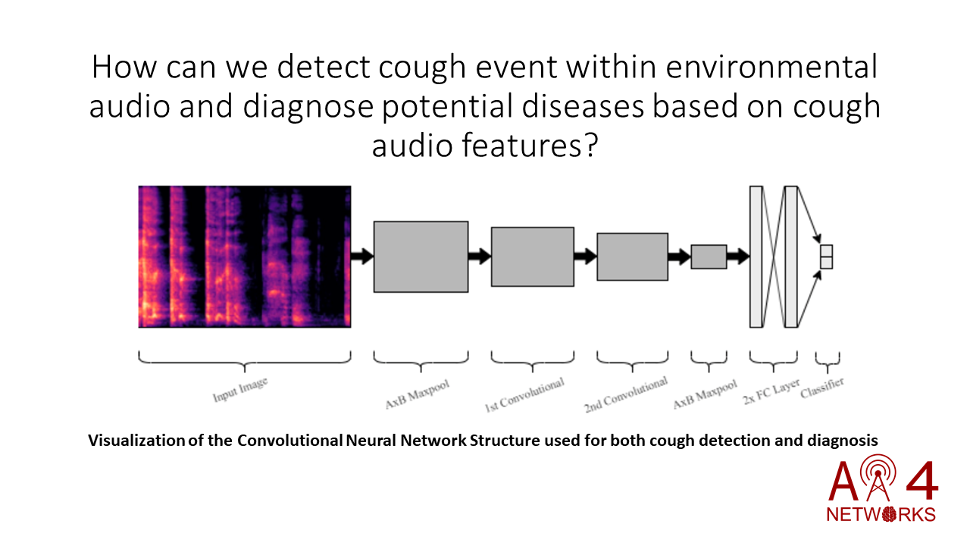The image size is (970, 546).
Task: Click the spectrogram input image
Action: pyautogui.click(x=244, y=256)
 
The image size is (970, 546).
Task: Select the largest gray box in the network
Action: pyautogui.click(x=421, y=256)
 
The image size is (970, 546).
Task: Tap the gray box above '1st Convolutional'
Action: pyautogui.click(x=532, y=256)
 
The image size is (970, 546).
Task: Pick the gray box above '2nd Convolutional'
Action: pyautogui.click(x=632, y=256)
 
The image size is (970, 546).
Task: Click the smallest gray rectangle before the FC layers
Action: pyautogui.click(x=709, y=256)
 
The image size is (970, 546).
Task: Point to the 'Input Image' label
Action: pyautogui.click(x=240, y=389)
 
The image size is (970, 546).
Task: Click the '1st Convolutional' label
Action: pyautogui.click(x=524, y=395)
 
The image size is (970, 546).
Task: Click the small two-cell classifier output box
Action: pyautogui.click(x=826, y=256)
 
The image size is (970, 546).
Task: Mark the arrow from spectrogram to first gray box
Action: pyautogui.click(x=362, y=256)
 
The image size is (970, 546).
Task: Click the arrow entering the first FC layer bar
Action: pyautogui.click(x=737, y=256)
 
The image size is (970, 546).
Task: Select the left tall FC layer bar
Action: pyautogui.click(x=756, y=256)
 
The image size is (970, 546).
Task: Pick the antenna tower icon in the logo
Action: pyautogui.click(x=878, y=478)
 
